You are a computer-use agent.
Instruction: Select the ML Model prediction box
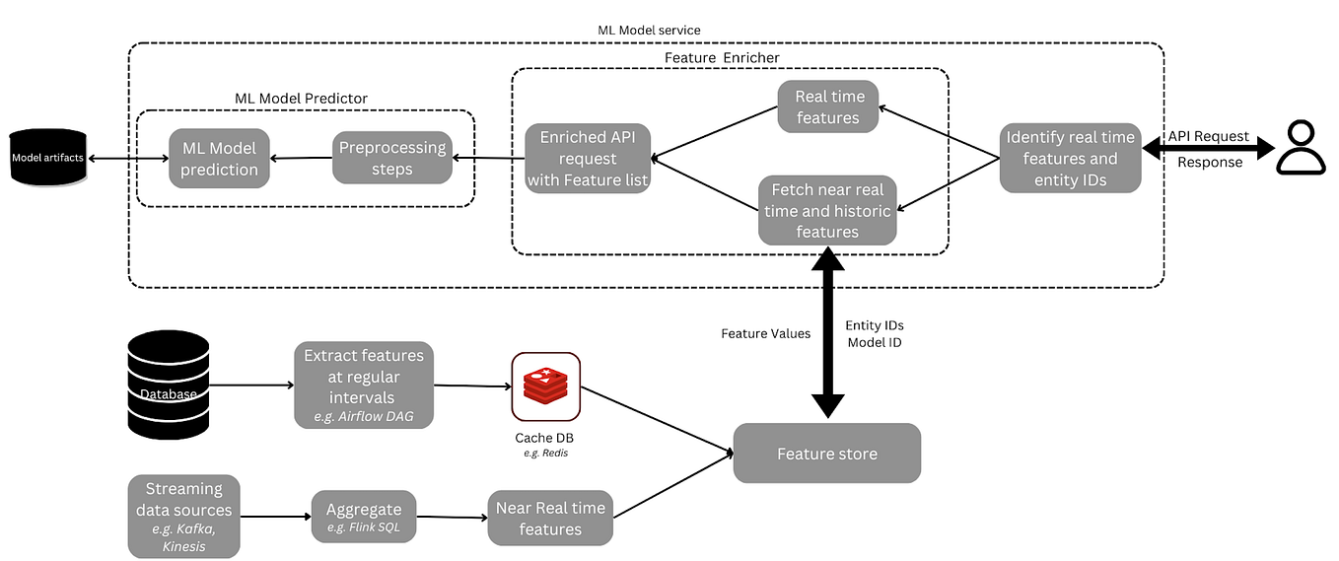(219, 159)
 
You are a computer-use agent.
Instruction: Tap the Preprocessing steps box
(392, 158)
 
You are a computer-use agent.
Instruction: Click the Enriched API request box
(588, 158)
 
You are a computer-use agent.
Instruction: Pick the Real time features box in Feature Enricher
(828, 106)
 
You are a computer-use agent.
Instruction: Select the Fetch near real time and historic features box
(827, 210)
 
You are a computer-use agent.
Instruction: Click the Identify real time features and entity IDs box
(1070, 158)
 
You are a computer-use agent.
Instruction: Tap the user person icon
(1302, 148)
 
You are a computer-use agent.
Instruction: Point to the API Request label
(1208, 136)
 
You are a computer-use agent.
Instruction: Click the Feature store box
(826, 454)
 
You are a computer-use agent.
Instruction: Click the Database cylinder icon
(169, 385)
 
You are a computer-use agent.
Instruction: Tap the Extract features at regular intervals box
(364, 384)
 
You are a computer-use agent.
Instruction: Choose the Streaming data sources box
(183, 516)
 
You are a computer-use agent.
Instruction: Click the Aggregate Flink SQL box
(364, 516)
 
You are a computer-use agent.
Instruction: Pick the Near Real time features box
(550, 519)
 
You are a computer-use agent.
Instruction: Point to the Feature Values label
(765, 333)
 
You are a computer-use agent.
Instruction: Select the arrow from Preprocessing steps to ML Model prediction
(300, 159)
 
